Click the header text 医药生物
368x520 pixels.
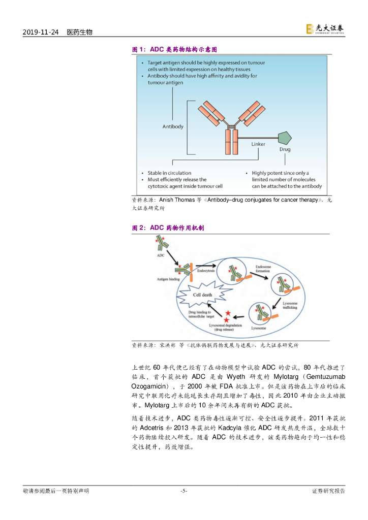pyautogui.click(x=80, y=32)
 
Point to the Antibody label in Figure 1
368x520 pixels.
pyautogui.click(x=173, y=126)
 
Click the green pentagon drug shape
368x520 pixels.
pyautogui.click(x=285, y=138)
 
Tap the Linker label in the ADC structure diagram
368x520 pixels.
pyautogui.click(x=258, y=144)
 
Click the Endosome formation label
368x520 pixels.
pyautogui.click(x=263, y=269)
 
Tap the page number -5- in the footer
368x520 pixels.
pyautogui.click(x=184, y=491)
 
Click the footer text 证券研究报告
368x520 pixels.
pyautogui.click(x=328, y=491)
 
